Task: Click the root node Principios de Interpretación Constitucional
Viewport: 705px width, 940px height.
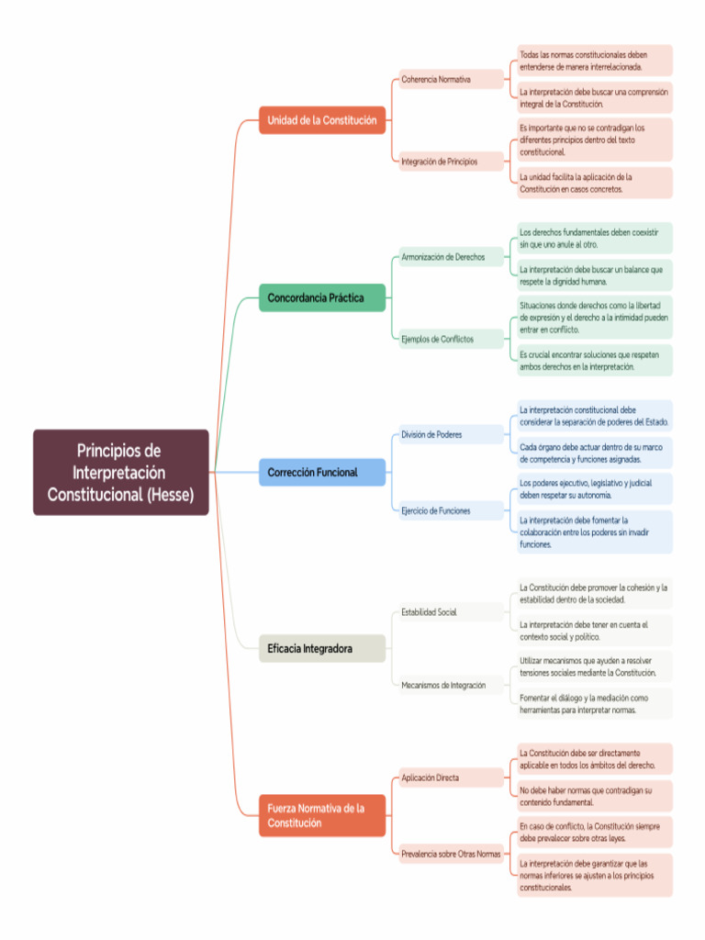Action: [121, 473]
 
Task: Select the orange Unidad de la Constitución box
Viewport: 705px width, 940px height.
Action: [321, 120]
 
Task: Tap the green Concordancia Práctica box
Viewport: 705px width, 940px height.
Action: [321, 297]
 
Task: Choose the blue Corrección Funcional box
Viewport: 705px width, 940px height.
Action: [321, 473]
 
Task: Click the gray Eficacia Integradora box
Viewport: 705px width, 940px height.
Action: [321, 648]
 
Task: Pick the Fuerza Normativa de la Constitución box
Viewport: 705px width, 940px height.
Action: [321, 815]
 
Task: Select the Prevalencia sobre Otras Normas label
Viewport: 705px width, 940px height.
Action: [451, 854]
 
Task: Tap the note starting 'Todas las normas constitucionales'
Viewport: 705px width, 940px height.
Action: [594, 61]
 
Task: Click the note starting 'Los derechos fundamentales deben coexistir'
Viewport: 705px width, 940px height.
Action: [594, 239]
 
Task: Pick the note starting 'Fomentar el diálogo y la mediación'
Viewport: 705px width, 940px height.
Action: [594, 703]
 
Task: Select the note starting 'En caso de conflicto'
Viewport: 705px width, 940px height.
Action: [594, 832]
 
